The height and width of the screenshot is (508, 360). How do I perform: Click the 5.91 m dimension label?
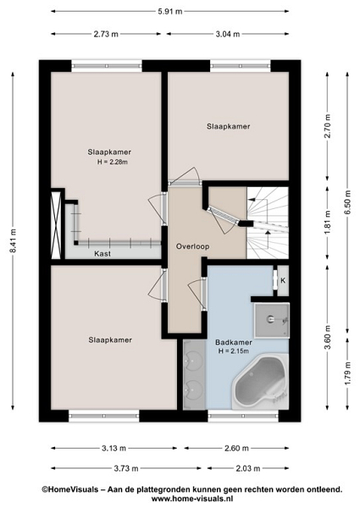169,12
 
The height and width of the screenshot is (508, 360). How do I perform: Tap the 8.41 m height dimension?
13,240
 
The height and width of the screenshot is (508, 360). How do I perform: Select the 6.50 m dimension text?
347,202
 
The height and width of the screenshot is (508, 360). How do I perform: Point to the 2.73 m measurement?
106,34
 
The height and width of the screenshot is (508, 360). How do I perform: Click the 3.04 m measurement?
228,34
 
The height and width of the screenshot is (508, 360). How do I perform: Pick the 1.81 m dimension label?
328,222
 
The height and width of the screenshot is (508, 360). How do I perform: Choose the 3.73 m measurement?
126,468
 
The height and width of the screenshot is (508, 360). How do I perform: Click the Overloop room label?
192,246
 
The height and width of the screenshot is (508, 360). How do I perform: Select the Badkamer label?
234,342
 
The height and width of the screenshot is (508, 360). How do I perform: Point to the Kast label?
102,253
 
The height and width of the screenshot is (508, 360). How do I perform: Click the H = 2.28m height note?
113,162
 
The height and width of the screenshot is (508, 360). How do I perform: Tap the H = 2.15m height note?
233,351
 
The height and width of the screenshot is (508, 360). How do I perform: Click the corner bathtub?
261,380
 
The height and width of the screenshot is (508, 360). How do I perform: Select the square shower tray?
272,320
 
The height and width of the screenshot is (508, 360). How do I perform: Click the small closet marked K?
283,280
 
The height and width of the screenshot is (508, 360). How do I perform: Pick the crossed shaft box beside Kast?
57,225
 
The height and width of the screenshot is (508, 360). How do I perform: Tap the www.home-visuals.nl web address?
191,499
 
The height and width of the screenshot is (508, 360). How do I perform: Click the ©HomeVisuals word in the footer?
69,489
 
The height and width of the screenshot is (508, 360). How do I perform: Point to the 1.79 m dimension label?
347,373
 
